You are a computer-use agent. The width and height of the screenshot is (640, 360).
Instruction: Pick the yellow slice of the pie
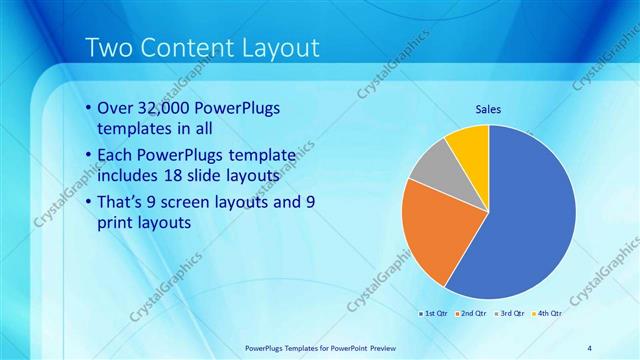click(468, 144)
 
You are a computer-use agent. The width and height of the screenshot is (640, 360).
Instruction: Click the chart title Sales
click(487, 109)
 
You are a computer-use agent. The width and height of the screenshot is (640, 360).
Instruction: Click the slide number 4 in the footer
click(589, 347)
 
